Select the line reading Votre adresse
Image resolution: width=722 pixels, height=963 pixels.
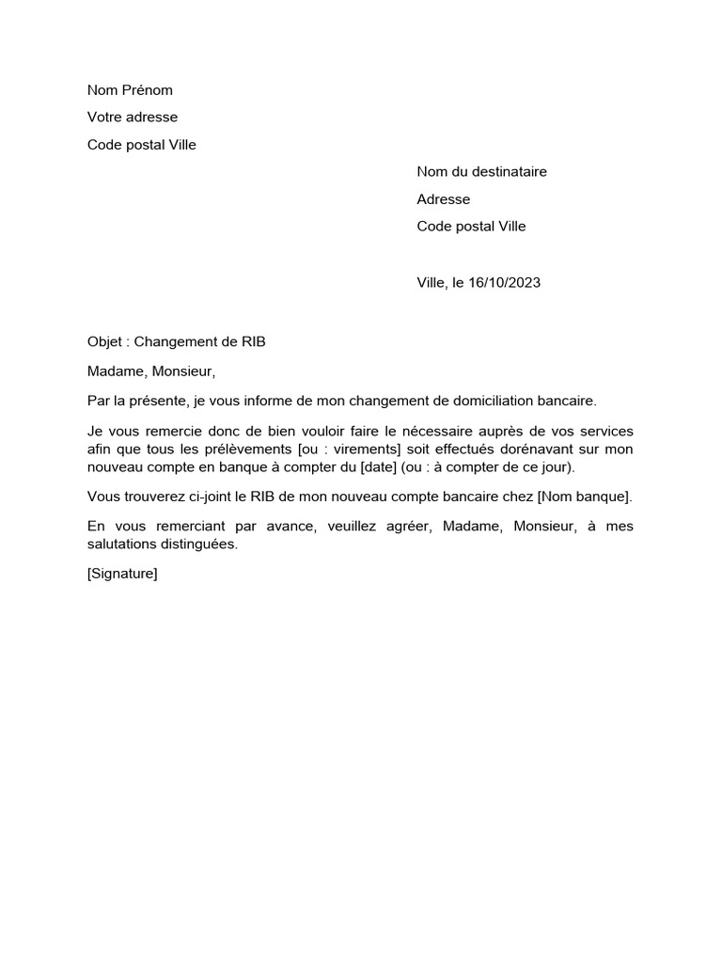[133, 118]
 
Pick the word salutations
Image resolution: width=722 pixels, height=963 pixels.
[125, 545]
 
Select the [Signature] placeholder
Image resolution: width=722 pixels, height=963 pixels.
[122, 574]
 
